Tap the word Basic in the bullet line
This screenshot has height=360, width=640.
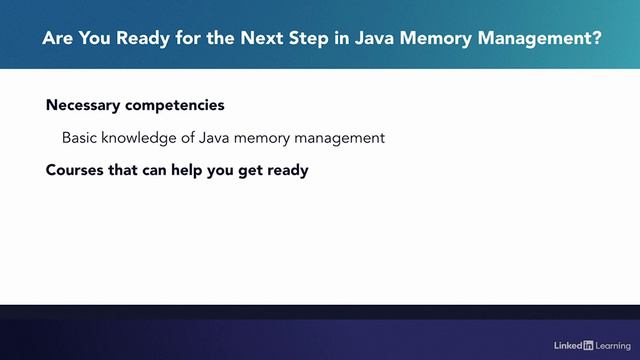click(80, 138)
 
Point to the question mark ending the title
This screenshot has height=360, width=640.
click(597, 41)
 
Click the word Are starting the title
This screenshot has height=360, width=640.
click(56, 41)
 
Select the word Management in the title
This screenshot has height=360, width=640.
click(535, 41)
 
